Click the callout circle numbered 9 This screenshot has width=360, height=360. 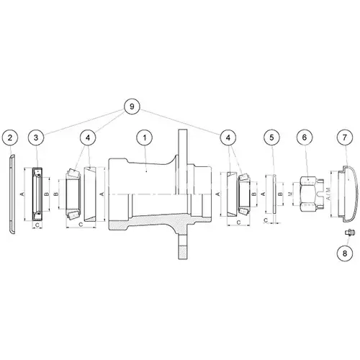pos(132,107)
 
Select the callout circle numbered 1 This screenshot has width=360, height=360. pos(145,138)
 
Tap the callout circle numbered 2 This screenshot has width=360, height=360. pos(10,138)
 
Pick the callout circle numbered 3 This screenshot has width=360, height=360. pos(36,138)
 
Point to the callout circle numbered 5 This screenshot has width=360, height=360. pos(271,138)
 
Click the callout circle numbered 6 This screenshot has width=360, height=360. pos(305,138)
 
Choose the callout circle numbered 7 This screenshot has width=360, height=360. pos(345,138)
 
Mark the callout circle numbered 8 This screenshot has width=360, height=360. pos(345,253)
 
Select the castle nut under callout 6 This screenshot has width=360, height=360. pos(311,194)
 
